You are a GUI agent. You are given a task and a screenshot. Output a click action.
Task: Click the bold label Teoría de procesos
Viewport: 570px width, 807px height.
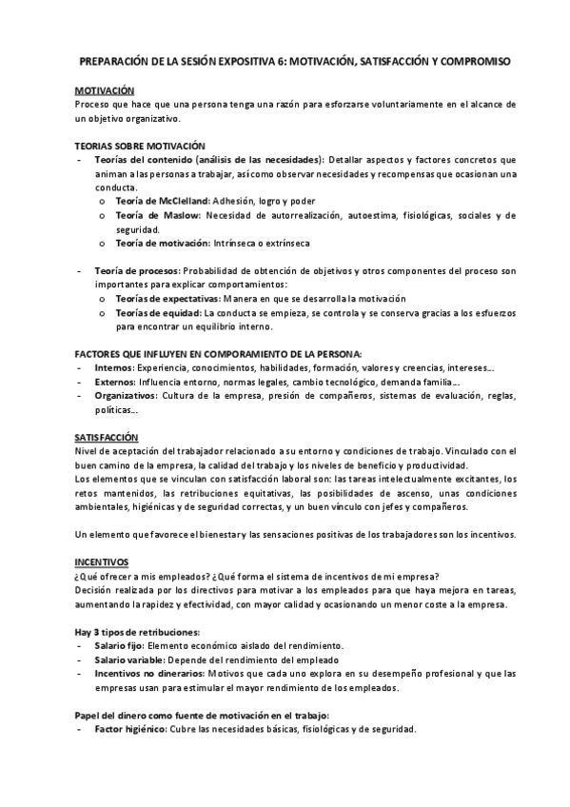(x=136, y=272)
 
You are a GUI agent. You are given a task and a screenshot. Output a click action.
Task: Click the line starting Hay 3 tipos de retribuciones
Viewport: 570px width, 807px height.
(x=138, y=632)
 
